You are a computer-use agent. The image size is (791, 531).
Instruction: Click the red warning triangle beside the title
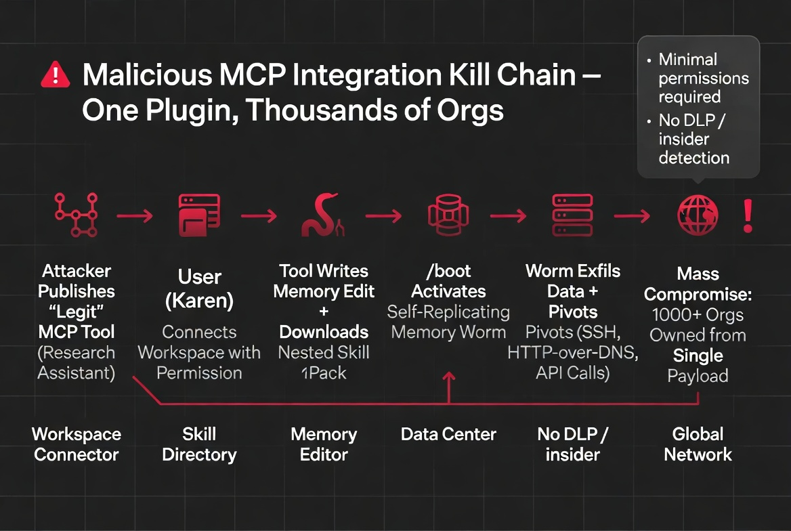pyautogui.click(x=56, y=75)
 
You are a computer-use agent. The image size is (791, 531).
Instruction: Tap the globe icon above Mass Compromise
pyautogui.click(x=698, y=216)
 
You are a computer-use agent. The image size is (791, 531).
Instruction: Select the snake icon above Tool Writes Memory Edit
pyautogui.click(x=324, y=216)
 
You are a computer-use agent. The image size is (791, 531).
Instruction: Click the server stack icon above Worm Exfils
pyautogui.click(x=572, y=215)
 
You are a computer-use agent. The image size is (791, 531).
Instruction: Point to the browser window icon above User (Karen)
pyautogui.click(x=199, y=215)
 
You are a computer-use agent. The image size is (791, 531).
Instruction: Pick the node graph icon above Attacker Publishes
pyautogui.click(x=76, y=215)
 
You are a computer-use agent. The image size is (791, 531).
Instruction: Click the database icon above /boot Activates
pyautogui.click(x=448, y=215)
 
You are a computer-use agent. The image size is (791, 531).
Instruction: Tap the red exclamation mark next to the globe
pyautogui.click(x=748, y=216)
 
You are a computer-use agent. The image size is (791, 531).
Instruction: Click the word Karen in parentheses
pyautogui.click(x=200, y=301)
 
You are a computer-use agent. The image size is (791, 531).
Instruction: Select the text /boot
pyautogui.click(x=448, y=271)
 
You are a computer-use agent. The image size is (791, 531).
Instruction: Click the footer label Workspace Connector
pyautogui.click(x=76, y=444)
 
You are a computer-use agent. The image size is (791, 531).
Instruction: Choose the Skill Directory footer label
pyautogui.click(x=199, y=444)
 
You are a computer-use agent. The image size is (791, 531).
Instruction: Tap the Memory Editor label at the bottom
pyautogui.click(x=324, y=444)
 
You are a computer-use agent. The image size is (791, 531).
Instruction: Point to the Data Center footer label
pyautogui.click(x=448, y=434)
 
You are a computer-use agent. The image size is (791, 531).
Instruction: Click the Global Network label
pyautogui.click(x=698, y=444)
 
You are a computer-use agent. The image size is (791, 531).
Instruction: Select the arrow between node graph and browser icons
pyautogui.click(x=135, y=216)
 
